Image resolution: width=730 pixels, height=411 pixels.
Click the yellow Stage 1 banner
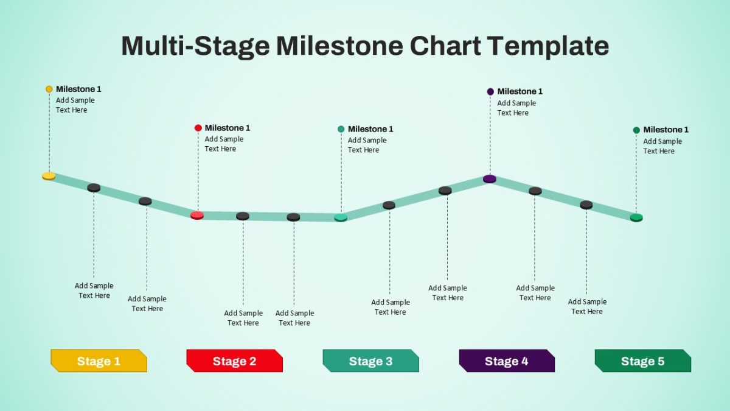99,360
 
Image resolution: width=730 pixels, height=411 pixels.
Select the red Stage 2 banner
235,360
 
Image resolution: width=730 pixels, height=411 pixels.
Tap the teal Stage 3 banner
371,360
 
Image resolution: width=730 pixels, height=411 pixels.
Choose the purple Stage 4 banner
507,360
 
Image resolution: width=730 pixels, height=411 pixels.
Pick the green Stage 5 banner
643,360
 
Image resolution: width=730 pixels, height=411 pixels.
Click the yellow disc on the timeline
49,176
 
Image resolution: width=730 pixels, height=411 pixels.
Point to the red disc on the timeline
197,216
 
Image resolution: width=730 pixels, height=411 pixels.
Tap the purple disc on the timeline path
490,179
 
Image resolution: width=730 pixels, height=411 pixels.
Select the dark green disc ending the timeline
636,217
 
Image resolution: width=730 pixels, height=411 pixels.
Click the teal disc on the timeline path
341,217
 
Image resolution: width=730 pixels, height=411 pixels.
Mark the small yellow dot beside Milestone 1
49,89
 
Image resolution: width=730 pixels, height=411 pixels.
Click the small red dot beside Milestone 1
198,128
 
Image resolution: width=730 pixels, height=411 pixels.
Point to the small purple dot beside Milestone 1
490,92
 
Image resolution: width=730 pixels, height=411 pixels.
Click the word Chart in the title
445,46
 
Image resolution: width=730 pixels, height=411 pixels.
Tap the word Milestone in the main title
340,46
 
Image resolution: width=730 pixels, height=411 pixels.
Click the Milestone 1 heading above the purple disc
520,91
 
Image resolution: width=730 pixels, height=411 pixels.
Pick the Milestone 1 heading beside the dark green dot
666,130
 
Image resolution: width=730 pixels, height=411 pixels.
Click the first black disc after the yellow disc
94,188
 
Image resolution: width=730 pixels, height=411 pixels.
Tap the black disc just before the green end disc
586,205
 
